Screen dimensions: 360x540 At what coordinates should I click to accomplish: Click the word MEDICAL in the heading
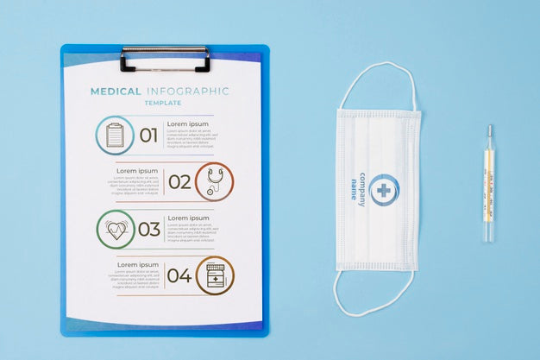[x=116, y=91]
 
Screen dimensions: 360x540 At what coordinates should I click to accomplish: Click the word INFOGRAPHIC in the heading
[x=188, y=91]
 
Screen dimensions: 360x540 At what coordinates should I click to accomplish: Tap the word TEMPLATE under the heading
[x=162, y=103]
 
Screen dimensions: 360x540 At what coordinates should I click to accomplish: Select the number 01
[x=149, y=135]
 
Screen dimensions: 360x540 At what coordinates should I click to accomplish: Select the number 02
[x=179, y=181]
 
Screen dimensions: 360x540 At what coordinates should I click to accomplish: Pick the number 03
[x=149, y=229]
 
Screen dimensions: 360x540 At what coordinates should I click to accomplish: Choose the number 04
[x=179, y=275]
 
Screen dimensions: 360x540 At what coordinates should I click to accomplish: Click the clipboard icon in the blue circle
[x=115, y=135]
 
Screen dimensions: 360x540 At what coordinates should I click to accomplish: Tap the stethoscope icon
[x=214, y=181]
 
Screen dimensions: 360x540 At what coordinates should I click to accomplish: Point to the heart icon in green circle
[x=116, y=229]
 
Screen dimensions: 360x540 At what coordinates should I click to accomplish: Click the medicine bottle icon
[x=215, y=275]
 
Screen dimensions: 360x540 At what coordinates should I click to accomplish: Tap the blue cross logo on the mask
[x=383, y=190]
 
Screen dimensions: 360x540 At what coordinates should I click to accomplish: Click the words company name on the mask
[x=357, y=187]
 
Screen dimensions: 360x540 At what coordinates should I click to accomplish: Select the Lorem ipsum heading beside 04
[x=138, y=264]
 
